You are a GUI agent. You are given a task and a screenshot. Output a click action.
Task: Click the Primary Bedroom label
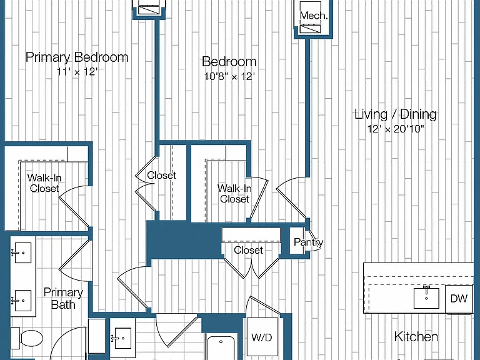pos(77,57)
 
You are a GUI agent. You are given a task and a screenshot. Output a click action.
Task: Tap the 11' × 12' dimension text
pos(77,72)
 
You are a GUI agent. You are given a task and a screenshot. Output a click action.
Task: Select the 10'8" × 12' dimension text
pos(229,76)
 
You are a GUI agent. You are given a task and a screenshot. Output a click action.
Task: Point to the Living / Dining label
pos(396,114)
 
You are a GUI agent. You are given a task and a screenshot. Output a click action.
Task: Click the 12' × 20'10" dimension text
pos(396,129)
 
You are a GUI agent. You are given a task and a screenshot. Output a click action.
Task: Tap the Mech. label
pos(314,15)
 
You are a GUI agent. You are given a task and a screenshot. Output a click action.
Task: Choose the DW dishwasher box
pos(459,299)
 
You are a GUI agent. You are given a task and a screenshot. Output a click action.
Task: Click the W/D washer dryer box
pos(262,337)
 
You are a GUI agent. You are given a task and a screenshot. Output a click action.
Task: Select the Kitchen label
pos(416,336)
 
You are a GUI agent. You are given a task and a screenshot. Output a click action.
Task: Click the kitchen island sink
pos(426,297)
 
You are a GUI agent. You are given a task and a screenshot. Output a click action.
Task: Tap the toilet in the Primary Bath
pos(27,337)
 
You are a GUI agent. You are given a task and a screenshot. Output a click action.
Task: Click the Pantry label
pos(308,242)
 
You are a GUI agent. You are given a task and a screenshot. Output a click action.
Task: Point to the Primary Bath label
pos(63,299)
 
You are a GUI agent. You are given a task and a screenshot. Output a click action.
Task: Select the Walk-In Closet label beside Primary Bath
pos(44,182)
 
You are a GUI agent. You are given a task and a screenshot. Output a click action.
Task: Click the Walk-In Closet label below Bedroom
pos(234,194)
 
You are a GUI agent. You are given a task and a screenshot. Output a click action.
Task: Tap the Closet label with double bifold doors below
pos(248,250)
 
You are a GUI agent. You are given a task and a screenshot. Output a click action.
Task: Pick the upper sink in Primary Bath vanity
pos(21,252)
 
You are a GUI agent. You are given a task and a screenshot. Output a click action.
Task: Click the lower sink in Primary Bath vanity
pos(21,301)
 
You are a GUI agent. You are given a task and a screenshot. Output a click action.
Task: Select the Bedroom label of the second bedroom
pos(229,61)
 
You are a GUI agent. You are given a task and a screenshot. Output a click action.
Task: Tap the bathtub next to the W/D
pos(221,347)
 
